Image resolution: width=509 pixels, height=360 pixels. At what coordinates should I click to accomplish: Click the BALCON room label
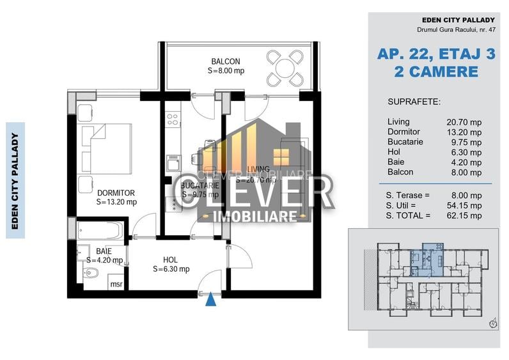tap(226, 62)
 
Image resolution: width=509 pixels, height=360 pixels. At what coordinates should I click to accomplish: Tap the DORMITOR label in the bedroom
tap(116, 192)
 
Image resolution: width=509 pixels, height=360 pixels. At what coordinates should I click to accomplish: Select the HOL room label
tap(170, 260)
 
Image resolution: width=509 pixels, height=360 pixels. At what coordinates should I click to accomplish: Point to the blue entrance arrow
tap(210, 299)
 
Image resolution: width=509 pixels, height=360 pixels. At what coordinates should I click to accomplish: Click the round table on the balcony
tap(281, 66)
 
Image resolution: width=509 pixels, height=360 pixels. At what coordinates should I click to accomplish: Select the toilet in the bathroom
tap(91, 274)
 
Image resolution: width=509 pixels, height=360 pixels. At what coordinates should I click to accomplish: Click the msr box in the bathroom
tap(116, 284)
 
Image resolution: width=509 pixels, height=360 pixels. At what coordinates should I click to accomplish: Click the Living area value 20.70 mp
tap(464, 121)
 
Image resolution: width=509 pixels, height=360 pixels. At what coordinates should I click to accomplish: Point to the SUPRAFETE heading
tap(414, 102)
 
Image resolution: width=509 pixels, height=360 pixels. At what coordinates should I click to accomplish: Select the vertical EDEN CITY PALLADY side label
tap(15, 180)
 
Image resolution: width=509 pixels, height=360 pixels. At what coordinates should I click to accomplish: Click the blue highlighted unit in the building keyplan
tap(423, 261)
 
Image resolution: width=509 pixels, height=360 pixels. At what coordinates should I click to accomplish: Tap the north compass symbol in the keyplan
tap(493, 324)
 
